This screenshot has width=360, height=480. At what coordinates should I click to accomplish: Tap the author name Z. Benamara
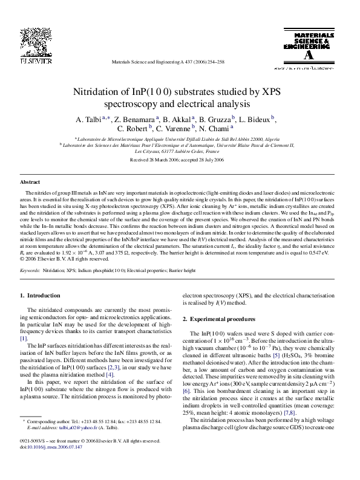(x=136, y=118)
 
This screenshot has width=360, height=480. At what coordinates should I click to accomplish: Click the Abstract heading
(x=30, y=182)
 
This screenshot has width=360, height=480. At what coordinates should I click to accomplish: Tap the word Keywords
(x=30, y=271)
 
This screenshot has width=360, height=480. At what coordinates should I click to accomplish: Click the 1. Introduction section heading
(x=41, y=296)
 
